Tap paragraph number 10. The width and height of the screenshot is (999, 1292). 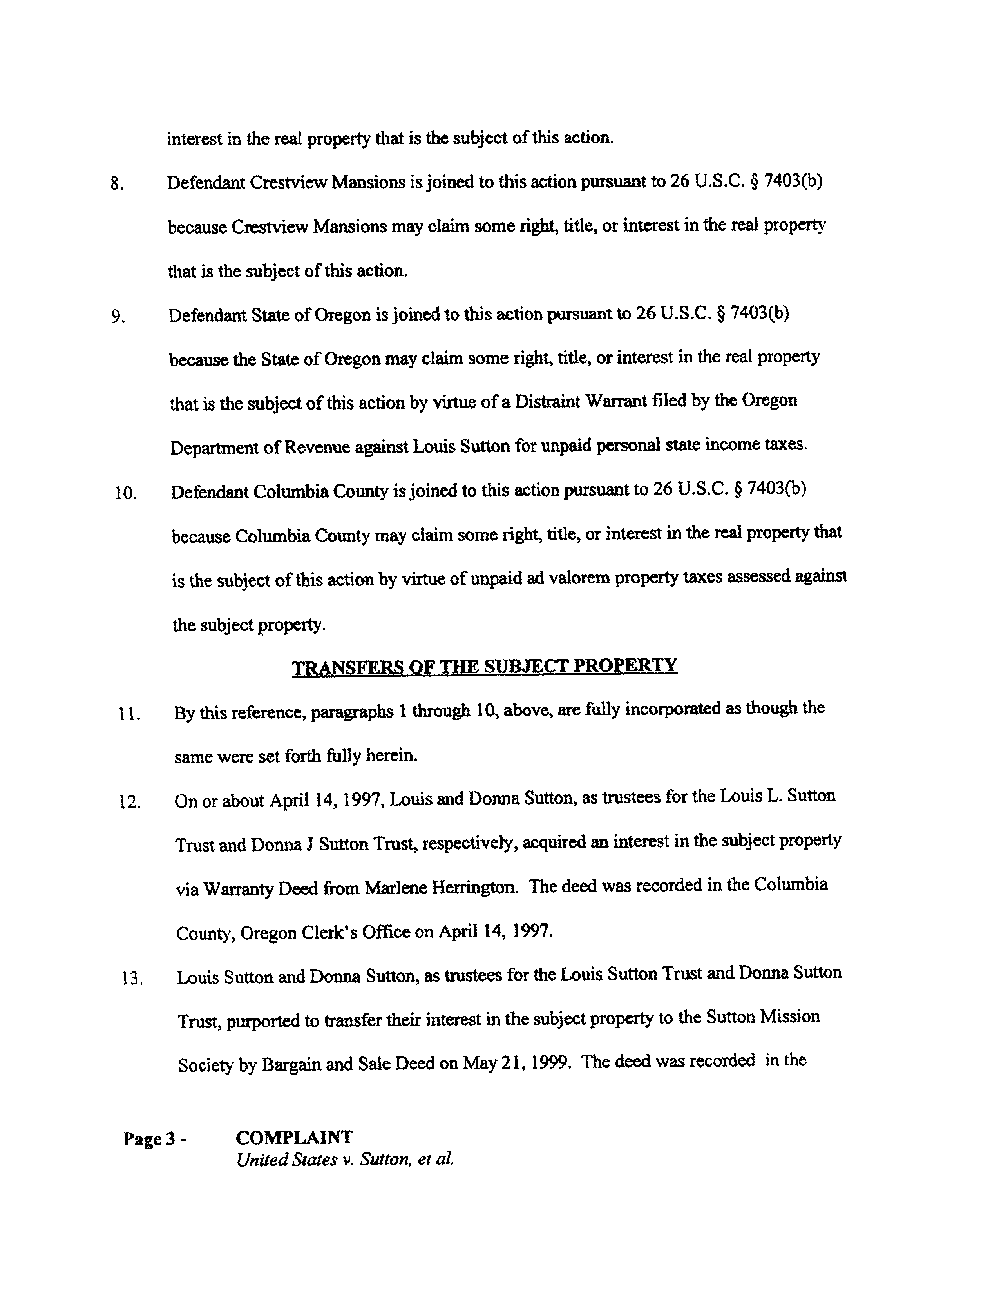pos(125,493)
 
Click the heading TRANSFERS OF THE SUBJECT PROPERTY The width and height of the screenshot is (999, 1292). pos(485,666)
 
